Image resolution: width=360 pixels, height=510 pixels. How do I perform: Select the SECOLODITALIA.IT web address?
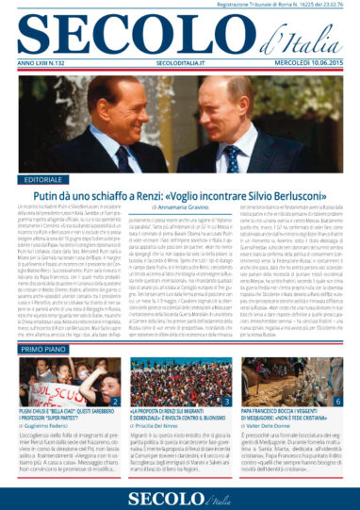pos(179,64)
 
